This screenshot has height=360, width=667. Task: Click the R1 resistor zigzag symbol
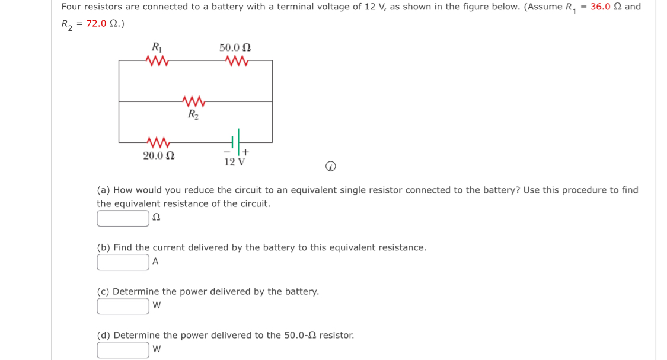(158, 60)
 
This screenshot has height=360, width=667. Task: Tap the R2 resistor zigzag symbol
(193, 101)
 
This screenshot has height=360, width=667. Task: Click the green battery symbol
(235, 142)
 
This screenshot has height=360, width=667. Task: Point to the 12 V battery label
(235, 161)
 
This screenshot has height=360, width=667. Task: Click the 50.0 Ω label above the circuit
(235, 47)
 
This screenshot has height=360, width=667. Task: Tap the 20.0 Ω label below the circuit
(158, 156)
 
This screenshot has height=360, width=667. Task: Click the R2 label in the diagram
(193, 114)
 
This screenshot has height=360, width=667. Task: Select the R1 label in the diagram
(157, 47)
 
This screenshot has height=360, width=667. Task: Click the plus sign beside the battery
(245, 152)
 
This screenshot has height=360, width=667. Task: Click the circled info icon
(331, 168)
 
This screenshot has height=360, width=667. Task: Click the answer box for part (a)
(123, 218)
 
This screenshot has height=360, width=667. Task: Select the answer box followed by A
(123, 262)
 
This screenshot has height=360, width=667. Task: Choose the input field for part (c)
(123, 306)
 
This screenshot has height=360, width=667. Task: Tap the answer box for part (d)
(123, 350)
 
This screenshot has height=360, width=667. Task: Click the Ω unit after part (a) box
(157, 218)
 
